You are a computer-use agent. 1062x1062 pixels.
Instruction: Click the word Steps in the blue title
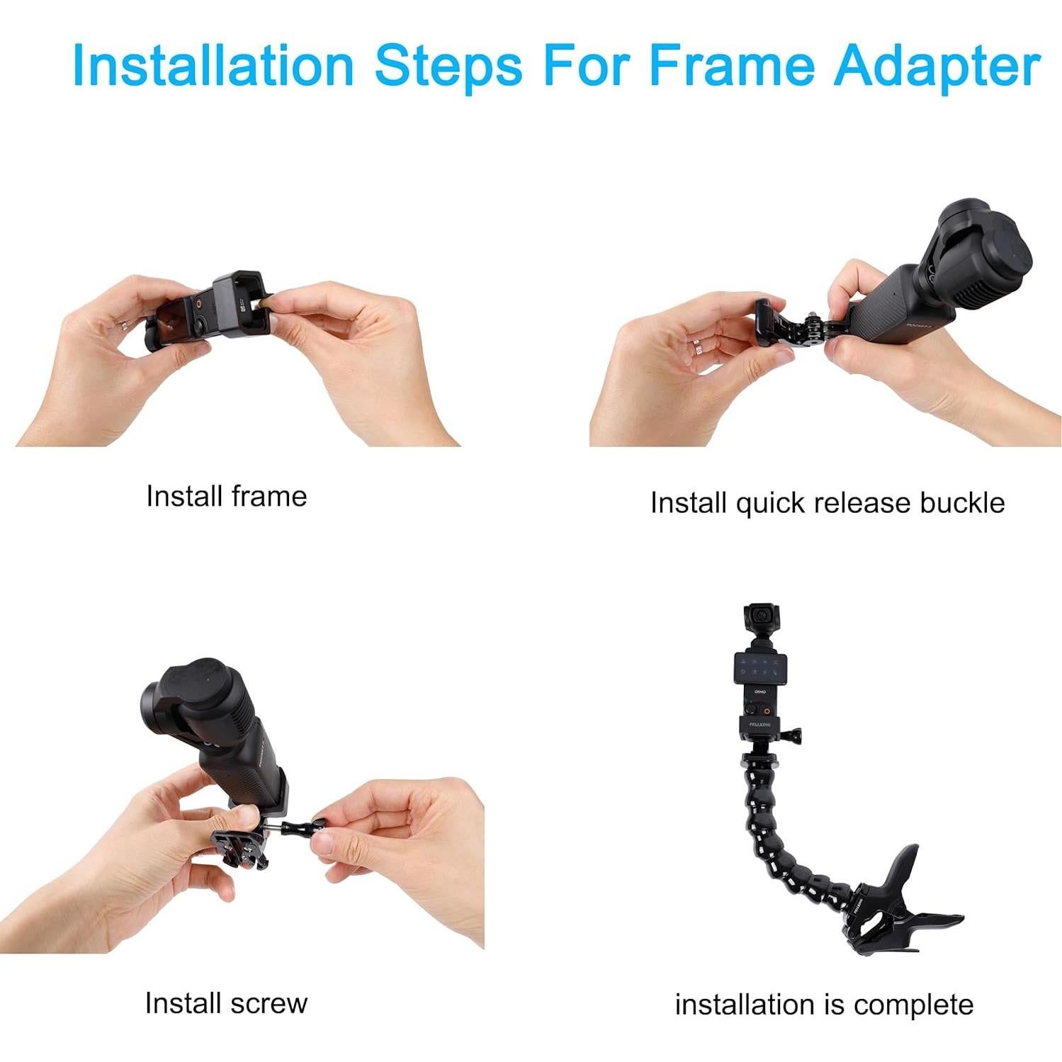(x=448, y=65)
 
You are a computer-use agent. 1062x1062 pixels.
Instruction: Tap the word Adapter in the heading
(x=937, y=65)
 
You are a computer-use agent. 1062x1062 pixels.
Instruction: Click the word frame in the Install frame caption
(x=269, y=496)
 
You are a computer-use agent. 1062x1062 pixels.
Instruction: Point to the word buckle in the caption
(x=961, y=503)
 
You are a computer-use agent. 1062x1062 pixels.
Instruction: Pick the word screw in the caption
(x=268, y=1003)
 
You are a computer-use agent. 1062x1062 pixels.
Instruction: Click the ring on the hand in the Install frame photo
(x=125, y=324)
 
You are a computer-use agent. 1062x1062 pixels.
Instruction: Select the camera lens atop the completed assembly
(x=762, y=615)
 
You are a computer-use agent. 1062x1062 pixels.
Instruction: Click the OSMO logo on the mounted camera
(x=760, y=692)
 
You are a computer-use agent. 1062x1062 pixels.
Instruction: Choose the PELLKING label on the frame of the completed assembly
(x=759, y=724)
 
